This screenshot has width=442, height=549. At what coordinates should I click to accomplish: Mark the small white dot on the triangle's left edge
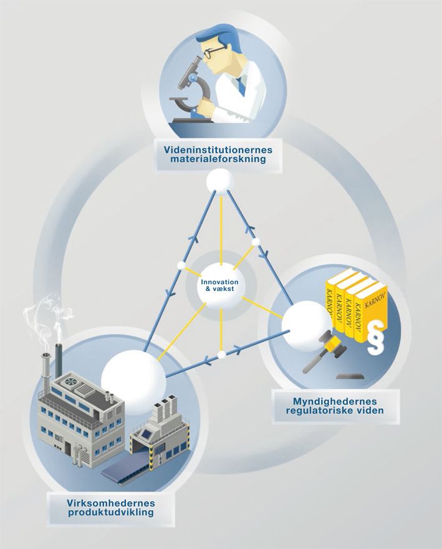181,265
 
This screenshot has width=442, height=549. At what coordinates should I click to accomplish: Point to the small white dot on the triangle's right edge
255,241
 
